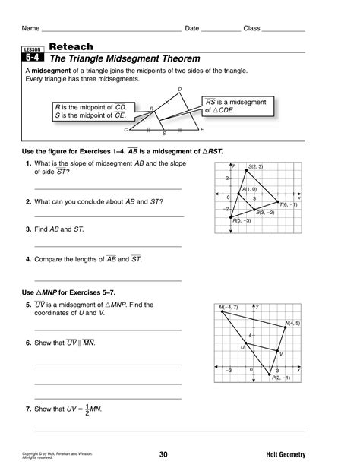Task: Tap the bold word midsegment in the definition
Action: [x=49, y=70]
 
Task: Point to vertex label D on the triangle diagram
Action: [x=179, y=90]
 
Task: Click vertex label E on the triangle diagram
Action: [x=202, y=130]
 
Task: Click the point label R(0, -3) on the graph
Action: [x=242, y=221]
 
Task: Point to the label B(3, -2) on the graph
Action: [x=265, y=213]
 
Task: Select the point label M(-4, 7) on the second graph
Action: [x=229, y=307]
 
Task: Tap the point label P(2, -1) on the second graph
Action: [x=281, y=376]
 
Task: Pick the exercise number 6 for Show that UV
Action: [x=27, y=343]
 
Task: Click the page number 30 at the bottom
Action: [x=163, y=454]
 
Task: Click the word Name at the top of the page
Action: [x=31, y=28]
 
